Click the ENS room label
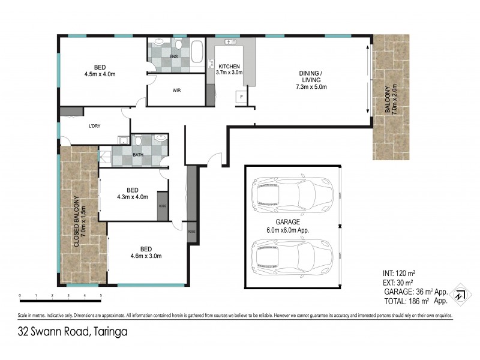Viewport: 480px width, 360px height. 174,58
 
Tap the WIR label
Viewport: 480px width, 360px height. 177,91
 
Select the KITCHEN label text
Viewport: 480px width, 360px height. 229,66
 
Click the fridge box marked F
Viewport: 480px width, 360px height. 241,97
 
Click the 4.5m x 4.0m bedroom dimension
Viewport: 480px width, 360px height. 101,75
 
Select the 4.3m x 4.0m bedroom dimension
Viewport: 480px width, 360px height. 131,196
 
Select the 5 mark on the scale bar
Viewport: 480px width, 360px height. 101,296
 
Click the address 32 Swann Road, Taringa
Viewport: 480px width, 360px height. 72,331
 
